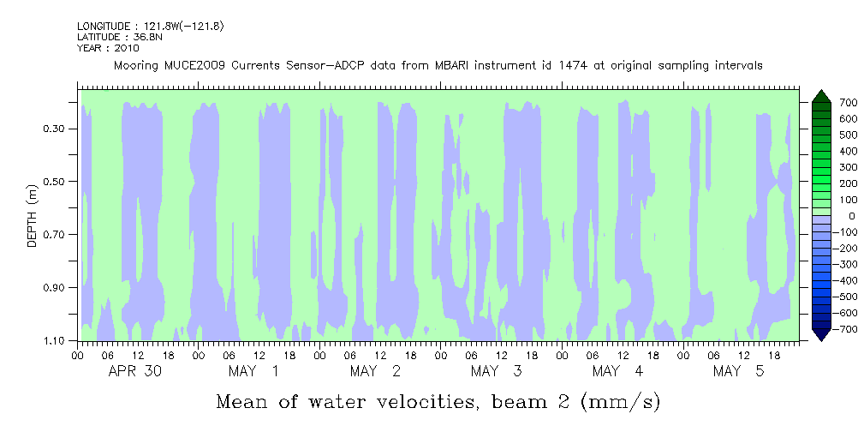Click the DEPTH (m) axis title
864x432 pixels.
pyautogui.click(x=33, y=219)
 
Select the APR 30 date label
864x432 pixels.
pyautogui.click(x=136, y=371)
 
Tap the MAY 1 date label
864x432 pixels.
pyautogui.click(x=253, y=371)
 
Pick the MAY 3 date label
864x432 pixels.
pyautogui.click(x=497, y=371)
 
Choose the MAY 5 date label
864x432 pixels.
pyautogui.click(x=739, y=371)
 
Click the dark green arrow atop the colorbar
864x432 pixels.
pyautogui.click(x=819, y=95)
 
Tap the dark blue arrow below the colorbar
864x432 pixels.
pyautogui.click(x=819, y=335)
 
